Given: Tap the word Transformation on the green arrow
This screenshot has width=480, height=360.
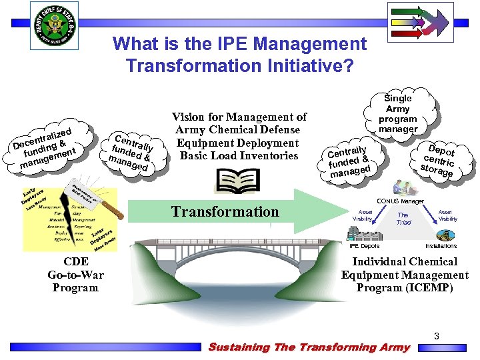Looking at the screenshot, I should click(x=225, y=212).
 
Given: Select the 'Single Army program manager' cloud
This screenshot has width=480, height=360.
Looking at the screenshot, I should click(x=398, y=114).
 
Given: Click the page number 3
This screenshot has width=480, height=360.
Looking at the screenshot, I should click(x=436, y=337).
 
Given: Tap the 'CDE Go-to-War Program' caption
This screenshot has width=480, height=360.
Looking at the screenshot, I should click(x=76, y=275).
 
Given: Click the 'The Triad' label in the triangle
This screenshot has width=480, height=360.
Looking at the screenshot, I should click(x=403, y=219).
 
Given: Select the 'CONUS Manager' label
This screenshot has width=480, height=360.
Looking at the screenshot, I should click(x=400, y=201).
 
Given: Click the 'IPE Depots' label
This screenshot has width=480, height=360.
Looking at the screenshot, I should click(x=365, y=246).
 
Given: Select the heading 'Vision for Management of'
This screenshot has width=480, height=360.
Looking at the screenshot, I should click(x=239, y=117).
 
